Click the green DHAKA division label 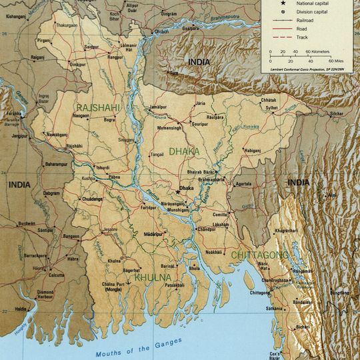pos(183,151)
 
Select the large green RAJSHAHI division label pos(99,107)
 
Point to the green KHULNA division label pos(153,277)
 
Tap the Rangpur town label pos(115,57)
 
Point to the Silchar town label pos(335,114)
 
